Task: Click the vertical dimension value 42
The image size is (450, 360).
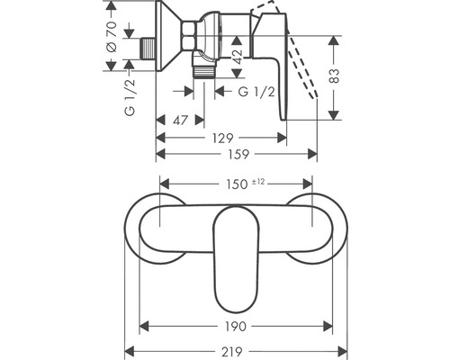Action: click(x=236, y=56)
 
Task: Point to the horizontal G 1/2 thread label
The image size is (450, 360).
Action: click(x=259, y=93)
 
